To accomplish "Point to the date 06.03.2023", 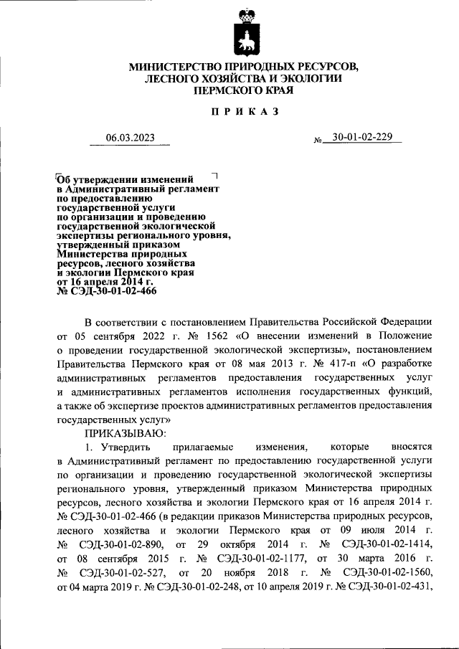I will tap(130, 138).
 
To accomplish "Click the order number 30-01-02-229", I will tap(358, 138).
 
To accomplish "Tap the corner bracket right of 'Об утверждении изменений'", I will tap(214, 175).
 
